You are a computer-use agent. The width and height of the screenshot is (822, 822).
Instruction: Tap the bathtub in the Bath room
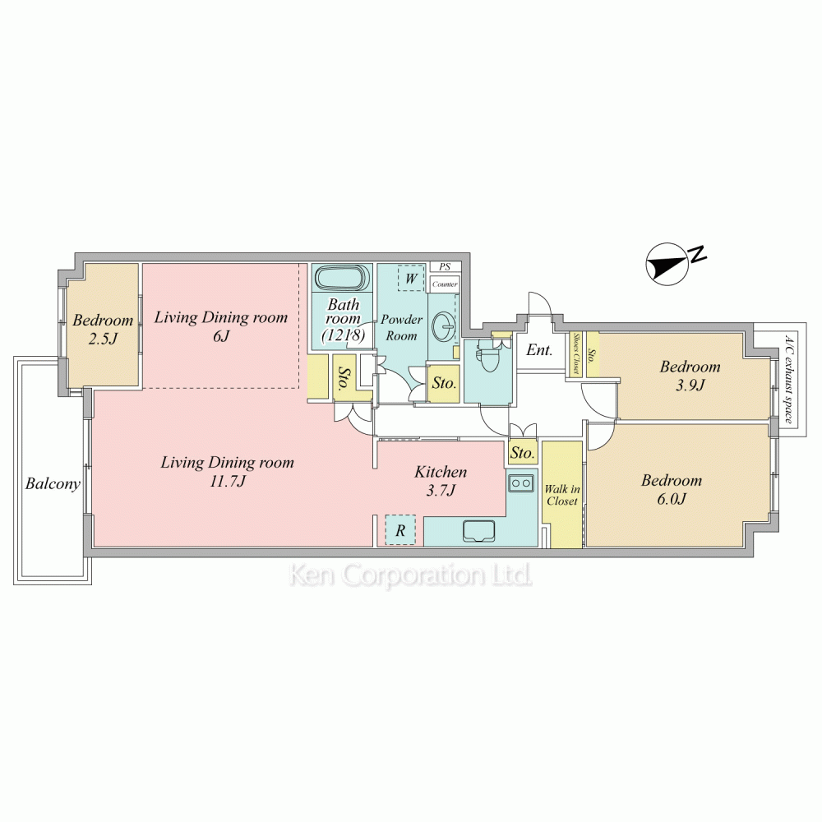click(x=342, y=278)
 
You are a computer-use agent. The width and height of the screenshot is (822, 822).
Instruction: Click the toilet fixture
click(x=488, y=356)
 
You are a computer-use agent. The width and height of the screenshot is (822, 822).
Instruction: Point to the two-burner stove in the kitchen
click(x=521, y=483)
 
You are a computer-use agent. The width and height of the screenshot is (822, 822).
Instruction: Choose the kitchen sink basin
click(x=478, y=530)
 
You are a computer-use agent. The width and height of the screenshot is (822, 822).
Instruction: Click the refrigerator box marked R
click(x=400, y=530)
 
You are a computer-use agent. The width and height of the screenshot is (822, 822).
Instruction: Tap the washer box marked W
click(x=411, y=278)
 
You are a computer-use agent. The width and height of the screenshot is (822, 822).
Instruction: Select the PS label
click(x=445, y=267)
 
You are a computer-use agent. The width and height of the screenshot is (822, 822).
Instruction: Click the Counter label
click(x=445, y=284)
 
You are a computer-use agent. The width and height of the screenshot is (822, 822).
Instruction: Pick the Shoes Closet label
click(x=577, y=353)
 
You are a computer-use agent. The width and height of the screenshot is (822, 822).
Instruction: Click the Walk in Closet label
click(x=562, y=495)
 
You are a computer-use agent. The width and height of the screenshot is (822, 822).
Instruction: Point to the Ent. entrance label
click(x=539, y=349)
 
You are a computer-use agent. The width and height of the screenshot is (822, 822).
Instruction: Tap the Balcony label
click(x=53, y=483)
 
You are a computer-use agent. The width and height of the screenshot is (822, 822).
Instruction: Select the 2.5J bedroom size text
click(x=102, y=339)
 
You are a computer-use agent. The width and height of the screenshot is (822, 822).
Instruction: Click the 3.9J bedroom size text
click(x=690, y=386)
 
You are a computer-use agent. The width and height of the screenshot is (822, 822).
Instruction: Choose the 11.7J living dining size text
click(x=228, y=481)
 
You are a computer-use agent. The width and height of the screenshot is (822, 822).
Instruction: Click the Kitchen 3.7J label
click(x=441, y=481)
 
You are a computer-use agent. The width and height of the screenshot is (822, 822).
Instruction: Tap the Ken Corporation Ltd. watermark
click(x=410, y=575)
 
